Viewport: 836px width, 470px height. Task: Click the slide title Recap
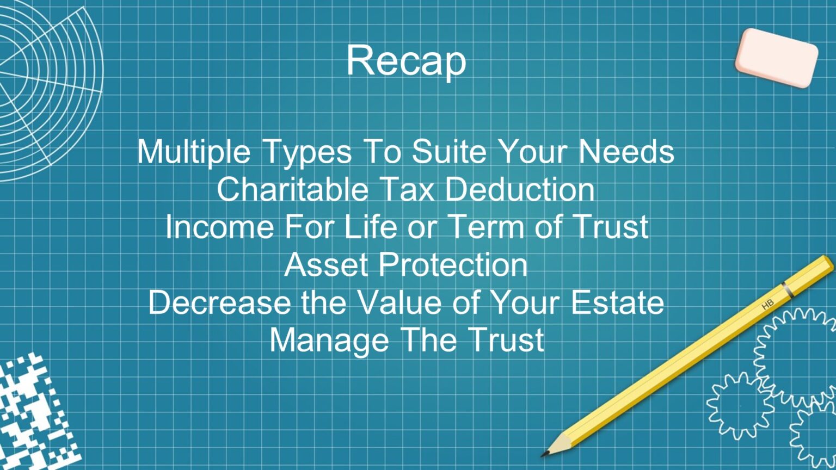tap(406, 60)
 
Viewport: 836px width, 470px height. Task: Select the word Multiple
tap(193, 151)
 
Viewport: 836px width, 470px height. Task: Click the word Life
tap(370, 226)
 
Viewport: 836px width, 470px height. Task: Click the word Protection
tap(453, 264)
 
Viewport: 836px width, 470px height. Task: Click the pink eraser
tap(776, 58)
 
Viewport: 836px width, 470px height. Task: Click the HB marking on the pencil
tap(767, 305)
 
